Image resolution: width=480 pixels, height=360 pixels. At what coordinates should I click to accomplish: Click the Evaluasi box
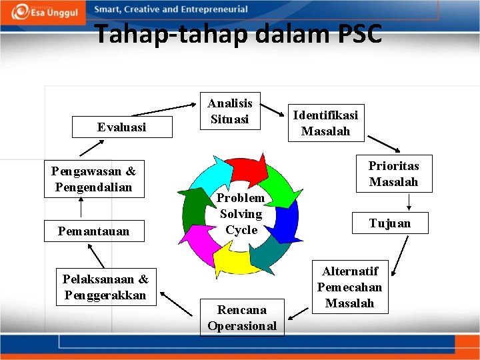coord(122,127)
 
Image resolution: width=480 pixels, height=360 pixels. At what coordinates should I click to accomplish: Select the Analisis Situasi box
coord(230,111)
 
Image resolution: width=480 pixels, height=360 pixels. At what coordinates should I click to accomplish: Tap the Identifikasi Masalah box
coord(325,123)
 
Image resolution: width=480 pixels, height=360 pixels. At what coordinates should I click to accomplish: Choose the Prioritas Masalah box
coord(393,173)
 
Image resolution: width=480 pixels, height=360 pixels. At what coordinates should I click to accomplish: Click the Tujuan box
coord(390,223)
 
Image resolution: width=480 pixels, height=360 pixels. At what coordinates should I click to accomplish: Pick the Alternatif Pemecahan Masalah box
coord(349,287)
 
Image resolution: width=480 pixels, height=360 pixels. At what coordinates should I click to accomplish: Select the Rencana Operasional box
coord(242,317)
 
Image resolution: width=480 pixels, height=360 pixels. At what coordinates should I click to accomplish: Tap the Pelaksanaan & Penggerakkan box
coord(105,287)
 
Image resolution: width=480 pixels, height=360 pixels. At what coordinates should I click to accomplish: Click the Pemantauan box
coord(93,231)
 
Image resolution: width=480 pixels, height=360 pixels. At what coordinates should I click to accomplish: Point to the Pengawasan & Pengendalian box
coord(93,179)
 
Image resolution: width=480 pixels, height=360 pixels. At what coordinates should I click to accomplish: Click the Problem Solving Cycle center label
coord(241,213)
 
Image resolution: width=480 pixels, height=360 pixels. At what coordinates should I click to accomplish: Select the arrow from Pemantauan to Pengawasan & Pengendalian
coord(81,208)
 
